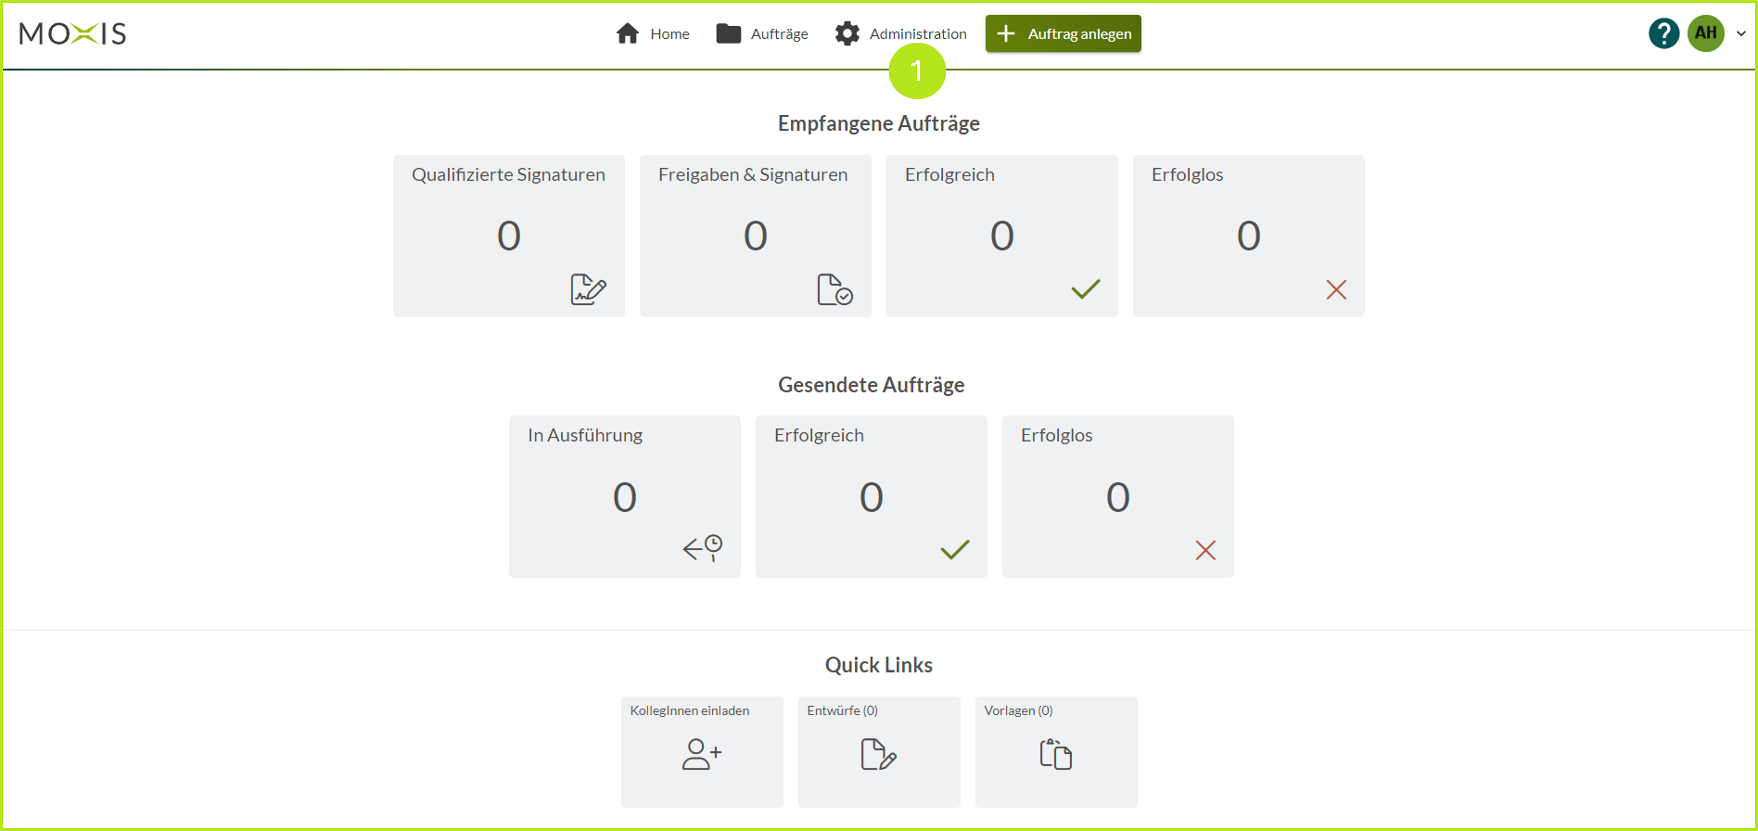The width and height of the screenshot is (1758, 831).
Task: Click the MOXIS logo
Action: (x=72, y=33)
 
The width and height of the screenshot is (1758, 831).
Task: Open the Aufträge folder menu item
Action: (x=762, y=33)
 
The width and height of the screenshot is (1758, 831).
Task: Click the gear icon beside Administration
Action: (x=847, y=33)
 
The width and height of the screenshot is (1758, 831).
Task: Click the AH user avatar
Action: (x=1705, y=33)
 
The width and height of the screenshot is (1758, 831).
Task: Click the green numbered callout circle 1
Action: (x=916, y=71)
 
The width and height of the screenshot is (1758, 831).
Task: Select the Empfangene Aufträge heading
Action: (x=878, y=124)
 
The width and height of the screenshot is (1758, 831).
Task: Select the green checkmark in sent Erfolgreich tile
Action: (x=955, y=549)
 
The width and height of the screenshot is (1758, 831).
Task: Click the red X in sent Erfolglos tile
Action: (x=1205, y=550)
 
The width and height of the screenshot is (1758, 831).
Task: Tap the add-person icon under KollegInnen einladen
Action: (x=701, y=754)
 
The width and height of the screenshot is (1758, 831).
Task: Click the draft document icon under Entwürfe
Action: (x=878, y=754)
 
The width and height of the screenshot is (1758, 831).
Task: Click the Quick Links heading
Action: (x=878, y=665)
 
